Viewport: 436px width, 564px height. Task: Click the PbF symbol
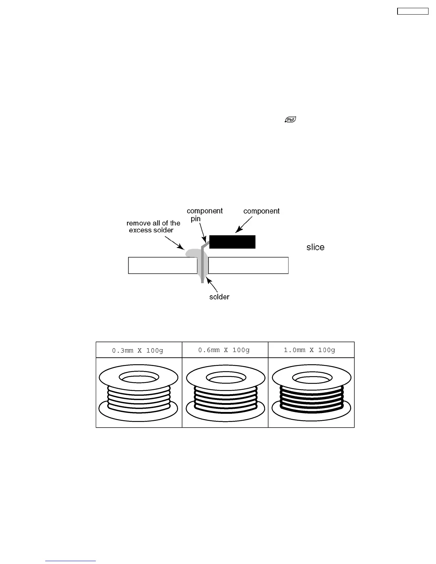[x=291, y=120]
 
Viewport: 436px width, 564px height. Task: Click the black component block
[x=232, y=242]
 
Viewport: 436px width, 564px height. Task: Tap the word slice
[x=315, y=247]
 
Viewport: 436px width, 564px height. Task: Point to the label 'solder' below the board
[x=219, y=297]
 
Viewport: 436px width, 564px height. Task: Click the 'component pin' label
[x=204, y=214]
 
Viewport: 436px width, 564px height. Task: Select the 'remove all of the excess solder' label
[x=153, y=226]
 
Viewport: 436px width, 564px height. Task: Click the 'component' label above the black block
[x=261, y=211]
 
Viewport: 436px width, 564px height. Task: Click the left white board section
[x=162, y=265]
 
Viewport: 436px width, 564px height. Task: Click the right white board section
[x=248, y=265]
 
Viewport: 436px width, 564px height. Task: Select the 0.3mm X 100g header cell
[x=139, y=350]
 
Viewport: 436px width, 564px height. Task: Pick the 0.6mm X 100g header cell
[x=225, y=350]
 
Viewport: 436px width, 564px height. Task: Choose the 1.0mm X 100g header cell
[x=311, y=350]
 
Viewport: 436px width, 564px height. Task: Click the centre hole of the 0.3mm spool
[x=138, y=377]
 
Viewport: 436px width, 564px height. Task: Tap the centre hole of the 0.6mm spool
[x=225, y=377]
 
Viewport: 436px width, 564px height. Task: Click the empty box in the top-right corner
[x=412, y=11]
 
